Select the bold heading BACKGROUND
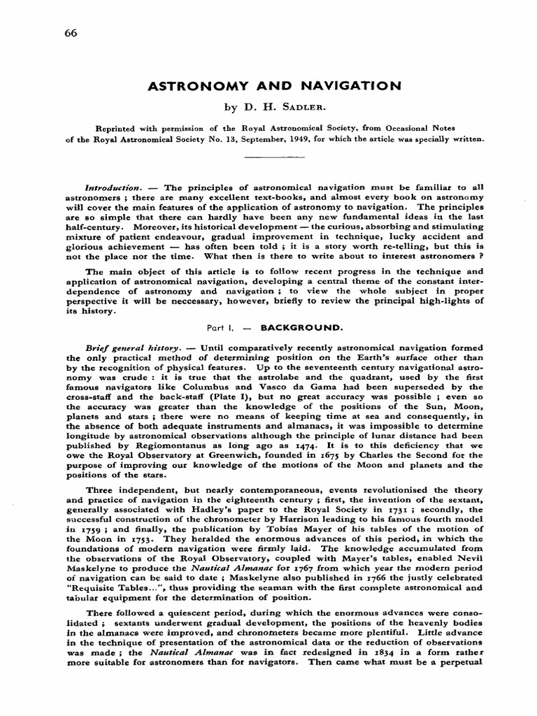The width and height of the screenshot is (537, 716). click(x=292, y=327)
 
